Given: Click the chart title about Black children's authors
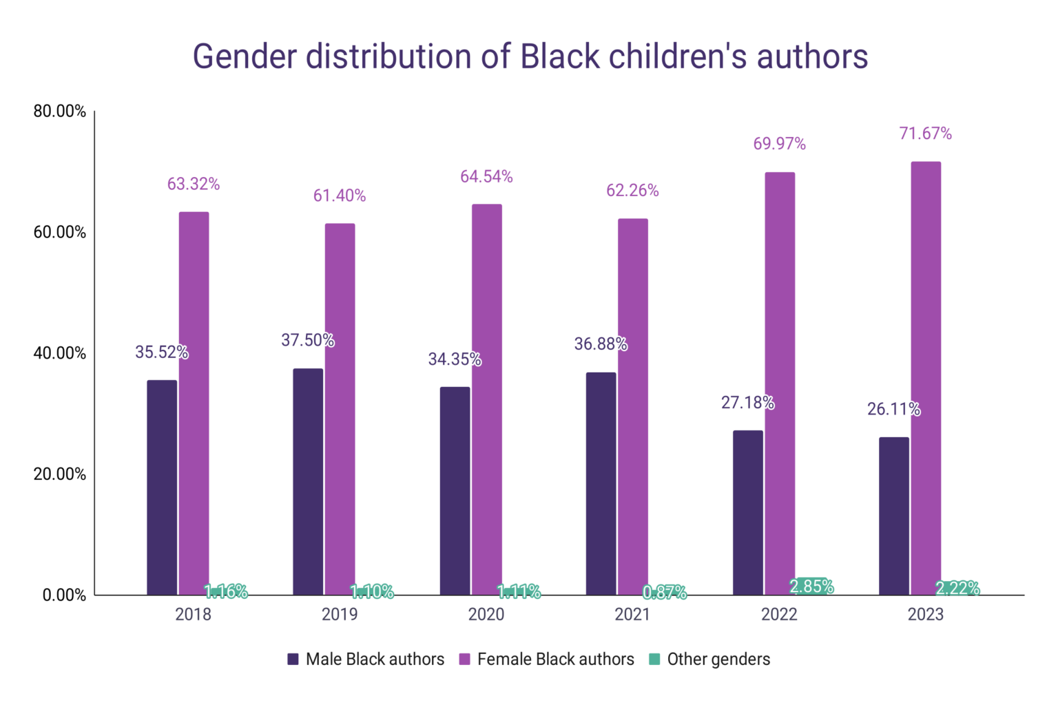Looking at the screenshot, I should coord(529,56).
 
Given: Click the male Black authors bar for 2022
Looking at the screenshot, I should coord(747,512).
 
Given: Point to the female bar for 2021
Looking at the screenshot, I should coord(632,406).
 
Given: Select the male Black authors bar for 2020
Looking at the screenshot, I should coord(455,490).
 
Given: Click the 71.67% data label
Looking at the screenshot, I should coord(925,134).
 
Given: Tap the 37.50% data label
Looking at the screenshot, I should coord(307,340).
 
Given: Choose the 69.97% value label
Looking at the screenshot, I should coord(779,144).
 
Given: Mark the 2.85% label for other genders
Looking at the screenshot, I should coord(811,587).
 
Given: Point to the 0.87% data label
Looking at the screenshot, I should coord(665,592).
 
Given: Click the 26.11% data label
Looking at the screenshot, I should coord(893,409).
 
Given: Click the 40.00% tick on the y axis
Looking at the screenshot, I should coord(60,353).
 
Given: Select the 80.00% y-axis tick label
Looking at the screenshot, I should coord(60,112).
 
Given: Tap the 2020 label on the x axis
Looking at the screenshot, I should coord(486,614).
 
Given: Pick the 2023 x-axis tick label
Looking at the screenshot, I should coord(925,614).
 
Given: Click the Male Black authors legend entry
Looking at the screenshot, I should coord(366,659).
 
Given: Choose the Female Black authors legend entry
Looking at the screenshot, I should coord(546,659).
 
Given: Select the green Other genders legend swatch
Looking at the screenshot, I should coord(654,659).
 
